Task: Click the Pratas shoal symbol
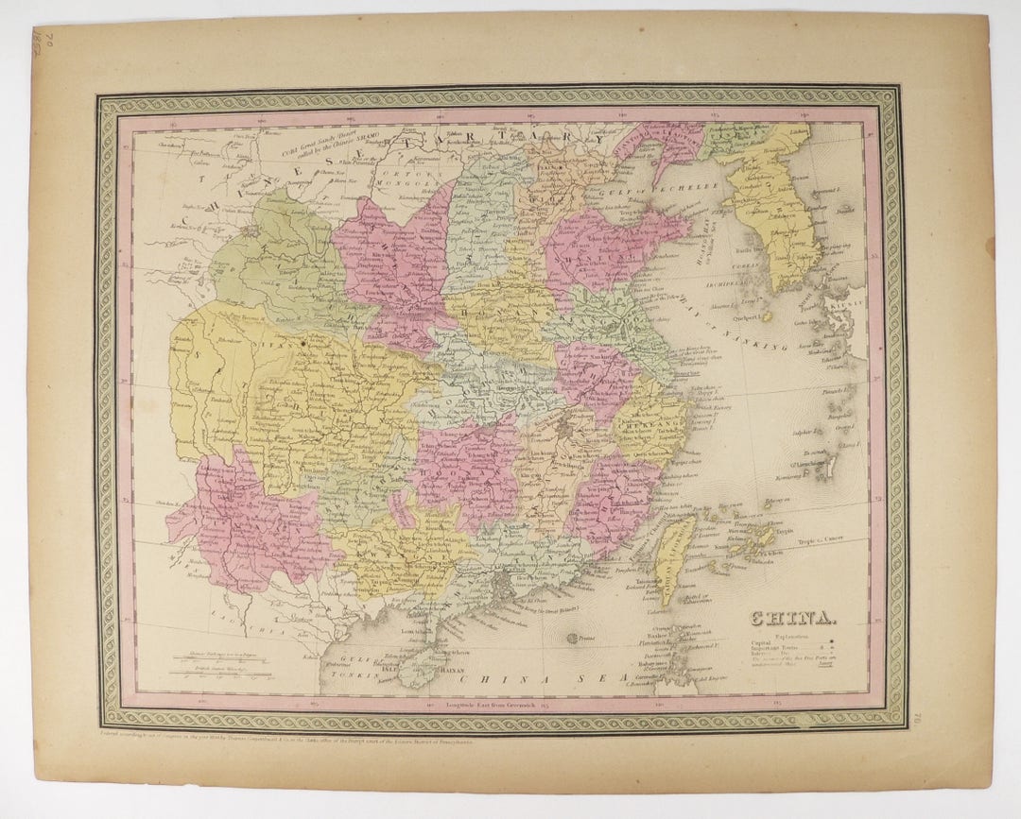574,640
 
